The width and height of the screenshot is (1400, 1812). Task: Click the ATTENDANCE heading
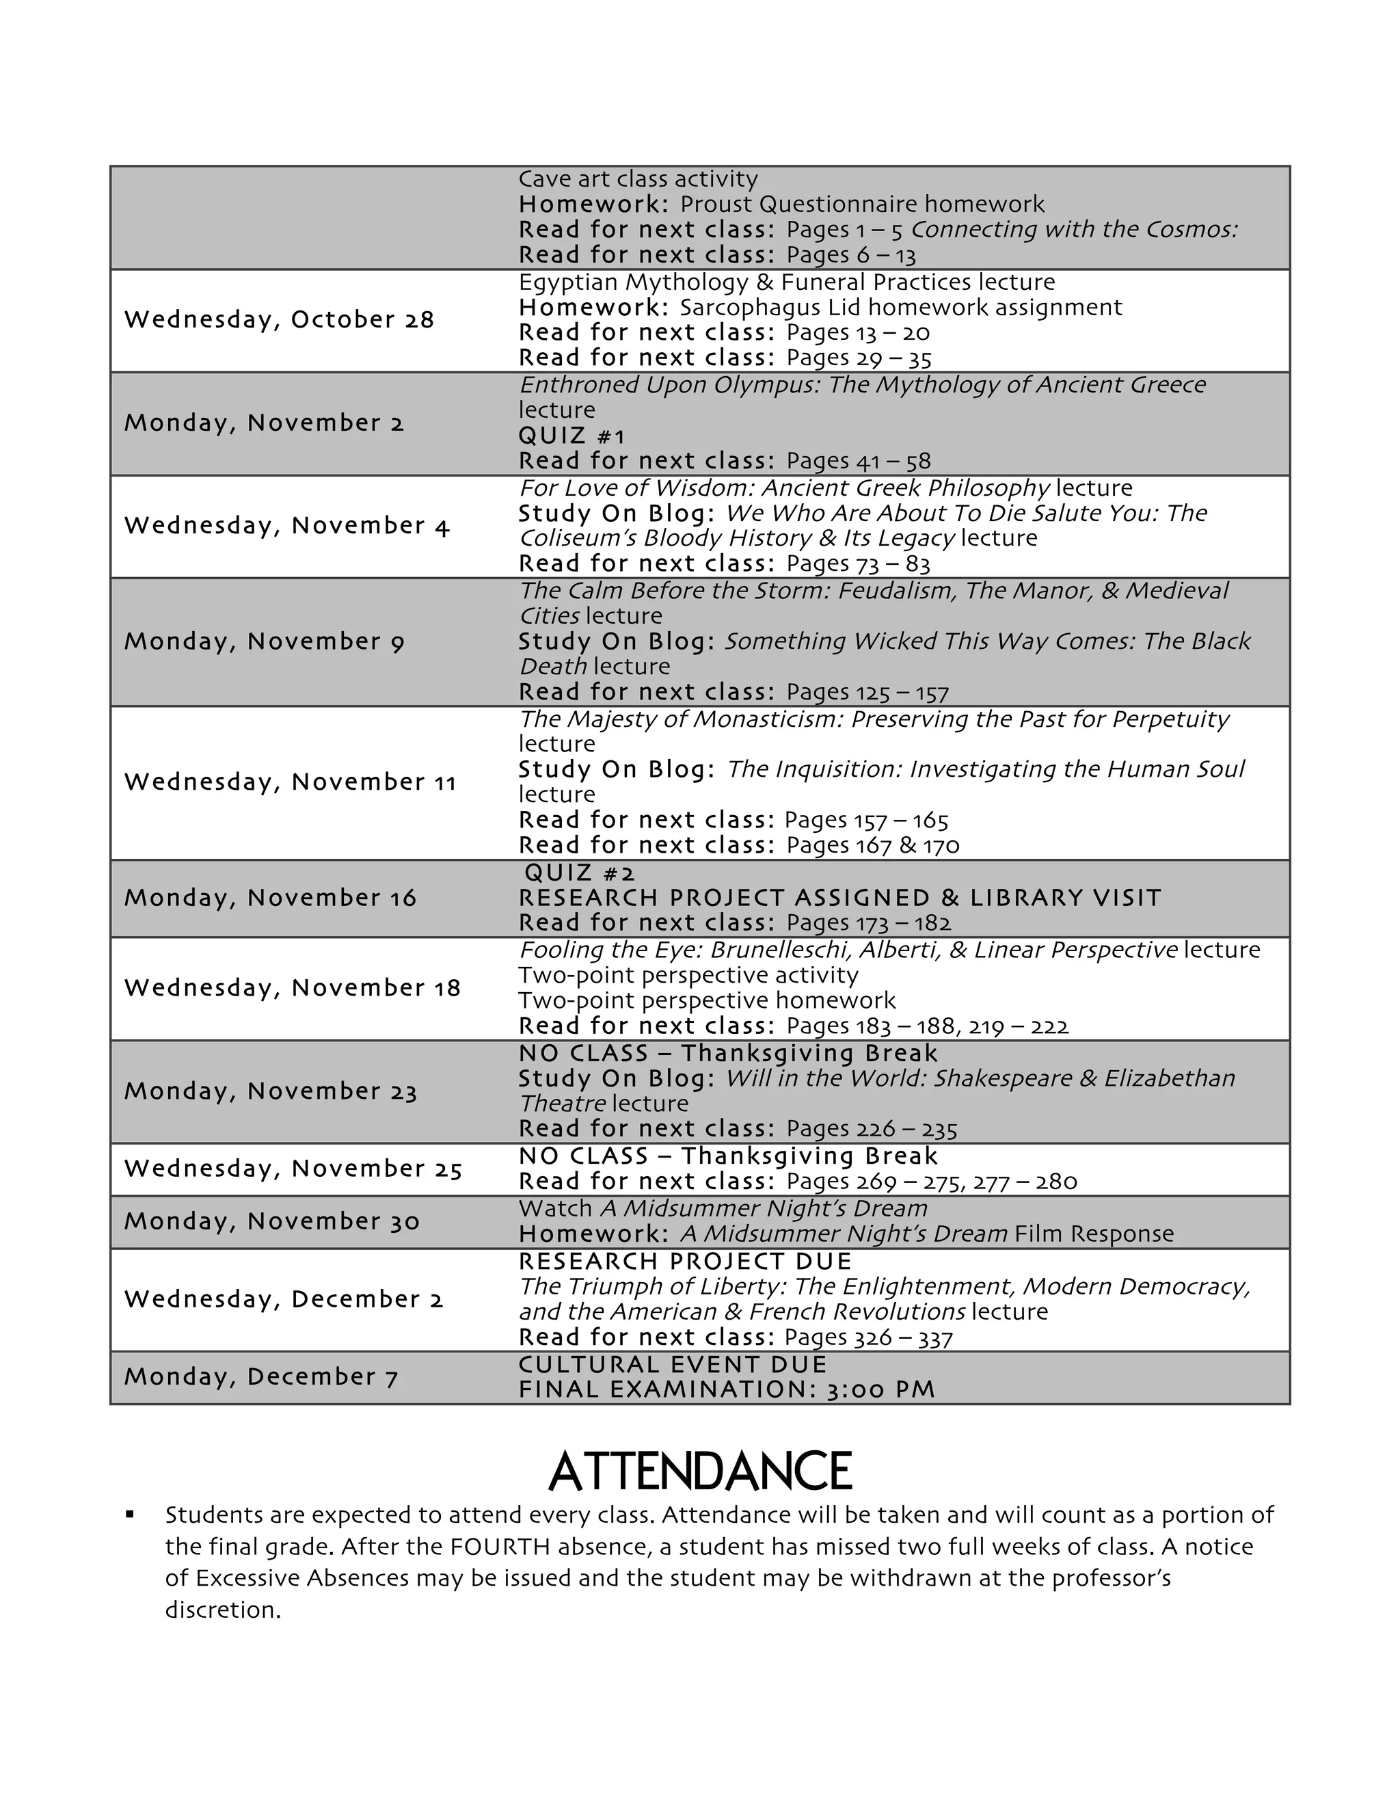(x=699, y=1472)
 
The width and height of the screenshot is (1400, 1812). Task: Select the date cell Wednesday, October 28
(x=279, y=320)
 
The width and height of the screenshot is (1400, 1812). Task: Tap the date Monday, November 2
(x=264, y=423)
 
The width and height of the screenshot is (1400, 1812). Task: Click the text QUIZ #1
(x=571, y=436)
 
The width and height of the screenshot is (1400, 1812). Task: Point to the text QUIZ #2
(x=580, y=872)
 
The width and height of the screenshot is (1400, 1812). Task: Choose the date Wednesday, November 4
(x=286, y=526)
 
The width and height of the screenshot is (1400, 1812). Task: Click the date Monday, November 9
(x=264, y=641)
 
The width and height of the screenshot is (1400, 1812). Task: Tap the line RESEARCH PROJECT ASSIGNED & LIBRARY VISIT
(x=839, y=898)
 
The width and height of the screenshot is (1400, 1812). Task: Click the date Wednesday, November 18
(x=292, y=988)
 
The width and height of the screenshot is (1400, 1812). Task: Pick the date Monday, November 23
(x=271, y=1091)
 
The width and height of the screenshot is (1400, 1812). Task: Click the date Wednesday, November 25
(x=293, y=1169)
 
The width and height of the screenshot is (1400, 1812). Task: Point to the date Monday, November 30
(x=272, y=1221)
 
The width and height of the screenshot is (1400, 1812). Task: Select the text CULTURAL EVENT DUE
(x=673, y=1365)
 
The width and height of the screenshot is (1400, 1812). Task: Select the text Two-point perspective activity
(x=688, y=975)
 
